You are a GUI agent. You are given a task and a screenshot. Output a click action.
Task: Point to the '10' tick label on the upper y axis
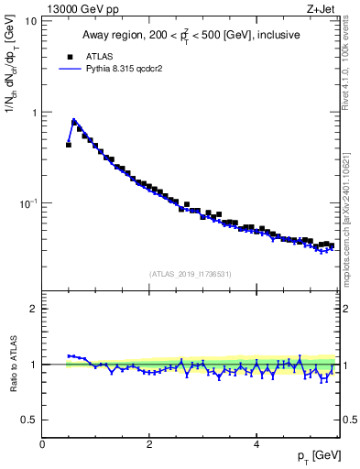[30, 20]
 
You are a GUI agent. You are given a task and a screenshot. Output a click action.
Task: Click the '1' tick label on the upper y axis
[34, 112]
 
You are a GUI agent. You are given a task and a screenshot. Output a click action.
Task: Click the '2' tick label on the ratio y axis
[34, 309]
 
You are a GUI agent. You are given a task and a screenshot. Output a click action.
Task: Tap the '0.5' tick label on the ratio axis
[29, 420]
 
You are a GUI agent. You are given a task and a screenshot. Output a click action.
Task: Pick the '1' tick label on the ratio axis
[34, 365]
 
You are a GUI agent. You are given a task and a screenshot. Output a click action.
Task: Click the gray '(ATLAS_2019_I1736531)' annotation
[190, 274]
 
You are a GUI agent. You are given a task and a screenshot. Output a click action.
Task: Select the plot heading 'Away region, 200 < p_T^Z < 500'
[190, 36]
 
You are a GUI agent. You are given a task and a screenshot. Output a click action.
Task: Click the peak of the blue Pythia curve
[73, 119]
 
